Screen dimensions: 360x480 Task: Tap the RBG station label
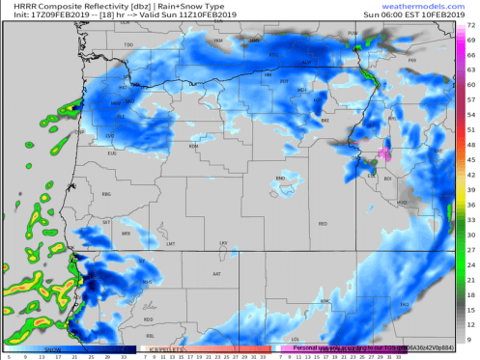tap(106, 194)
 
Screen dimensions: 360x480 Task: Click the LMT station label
tap(171, 243)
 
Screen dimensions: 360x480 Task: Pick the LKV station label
tap(224, 243)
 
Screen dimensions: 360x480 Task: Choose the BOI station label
tap(388, 179)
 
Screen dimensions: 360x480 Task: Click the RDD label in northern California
tap(148, 318)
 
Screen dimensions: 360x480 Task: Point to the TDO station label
tap(128, 45)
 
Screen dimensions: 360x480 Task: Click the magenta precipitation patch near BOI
tap(383, 152)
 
